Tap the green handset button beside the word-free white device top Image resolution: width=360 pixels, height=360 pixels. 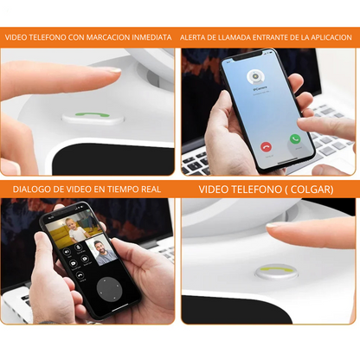click(93, 114)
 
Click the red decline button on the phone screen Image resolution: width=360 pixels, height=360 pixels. click(266, 147)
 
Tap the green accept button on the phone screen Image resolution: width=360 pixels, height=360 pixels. click(295, 138)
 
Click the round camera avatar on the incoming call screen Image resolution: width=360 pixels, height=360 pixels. click(256, 77)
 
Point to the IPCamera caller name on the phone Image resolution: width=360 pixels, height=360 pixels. click(260, 88)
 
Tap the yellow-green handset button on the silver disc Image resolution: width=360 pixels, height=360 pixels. click(276, 270)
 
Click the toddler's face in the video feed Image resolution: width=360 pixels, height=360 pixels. click(70, 224)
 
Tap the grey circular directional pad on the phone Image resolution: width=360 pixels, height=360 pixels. click(109, 290)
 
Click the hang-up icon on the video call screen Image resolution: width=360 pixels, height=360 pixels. click(80, 275)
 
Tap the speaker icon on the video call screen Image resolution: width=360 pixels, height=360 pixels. click(67, 252)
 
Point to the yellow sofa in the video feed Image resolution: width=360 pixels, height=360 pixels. click(60, 236)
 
